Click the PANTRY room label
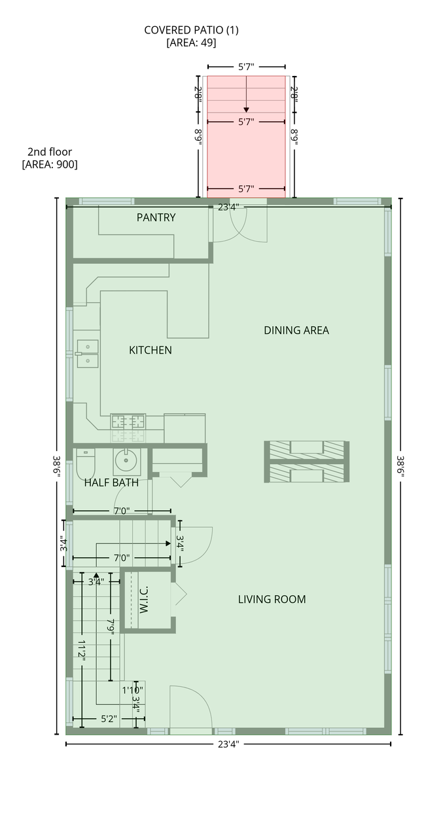pos(156,217)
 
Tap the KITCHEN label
pos(151,350)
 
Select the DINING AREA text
pos(296,331)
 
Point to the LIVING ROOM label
pos(272,599)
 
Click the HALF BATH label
pos(111,483)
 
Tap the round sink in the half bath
pos(126,462)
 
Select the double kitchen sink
pos(88,354)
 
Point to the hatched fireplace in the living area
pos(306,462)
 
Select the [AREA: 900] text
pos(50,164)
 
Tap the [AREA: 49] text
pos(192,43)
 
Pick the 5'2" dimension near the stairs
pos(109,719)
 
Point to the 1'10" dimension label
pos(132,690)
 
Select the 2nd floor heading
pos(50,152)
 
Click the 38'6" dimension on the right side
pos(400,465)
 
